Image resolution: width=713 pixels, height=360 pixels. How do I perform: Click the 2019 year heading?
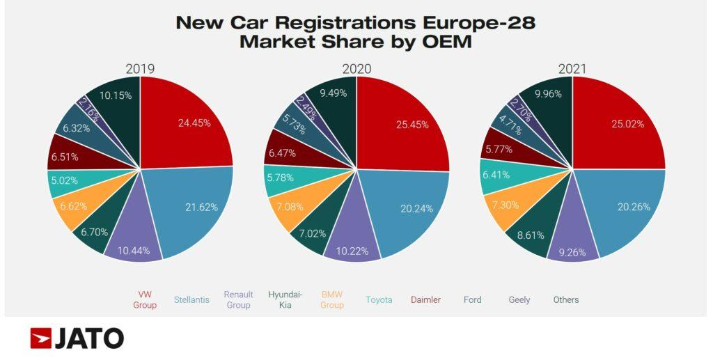tap(139, 68)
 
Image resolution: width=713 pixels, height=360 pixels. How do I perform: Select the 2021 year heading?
tap(572, 68)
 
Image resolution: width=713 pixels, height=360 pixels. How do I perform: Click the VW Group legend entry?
tap(144, 299)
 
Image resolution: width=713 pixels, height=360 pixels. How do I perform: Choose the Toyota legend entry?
tap(379, 299)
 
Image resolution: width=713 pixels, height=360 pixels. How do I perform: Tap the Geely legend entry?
tap(519, 299)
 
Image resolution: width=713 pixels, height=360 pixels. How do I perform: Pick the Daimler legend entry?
tap(425, 299)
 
